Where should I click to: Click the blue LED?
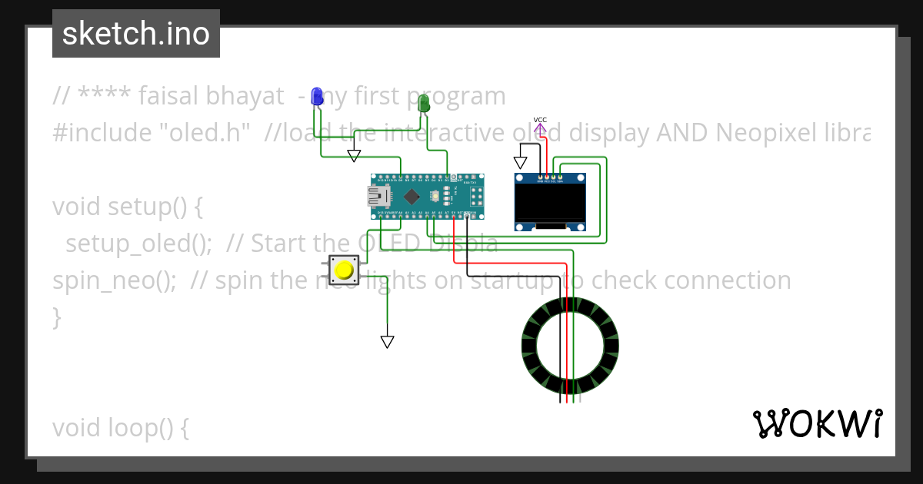pos(316,96)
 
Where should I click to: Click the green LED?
pos(423,103)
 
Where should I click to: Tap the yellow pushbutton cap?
pos(343,270)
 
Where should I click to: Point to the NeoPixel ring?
pos(570,350)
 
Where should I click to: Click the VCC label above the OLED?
pos(540,120)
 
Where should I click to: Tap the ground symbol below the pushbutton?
pos(388,341)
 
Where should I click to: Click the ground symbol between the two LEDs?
pos(354,156)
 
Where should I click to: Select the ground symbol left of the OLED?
pos(521,163)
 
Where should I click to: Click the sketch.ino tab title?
pos(136,34)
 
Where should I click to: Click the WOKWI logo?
pos(817,423)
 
